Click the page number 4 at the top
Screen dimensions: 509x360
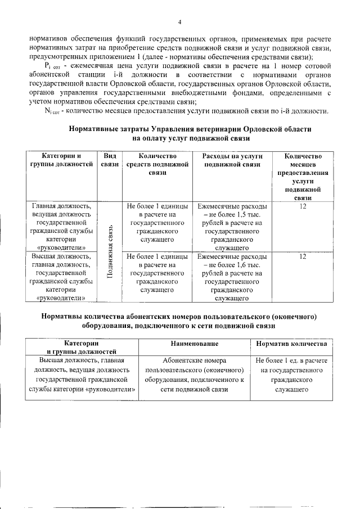pos(180,22)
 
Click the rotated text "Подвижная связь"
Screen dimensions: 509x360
pos(111,251)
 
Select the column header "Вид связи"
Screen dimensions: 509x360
pos(110,160)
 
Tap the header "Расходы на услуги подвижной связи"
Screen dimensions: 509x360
pos(232,160)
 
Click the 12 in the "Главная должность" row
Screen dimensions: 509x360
pos(303,206)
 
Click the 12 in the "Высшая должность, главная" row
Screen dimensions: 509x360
pos(303,256)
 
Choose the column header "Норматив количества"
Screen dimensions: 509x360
pos(291,343)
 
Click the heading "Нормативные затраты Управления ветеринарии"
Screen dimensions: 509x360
pos(190,129)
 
